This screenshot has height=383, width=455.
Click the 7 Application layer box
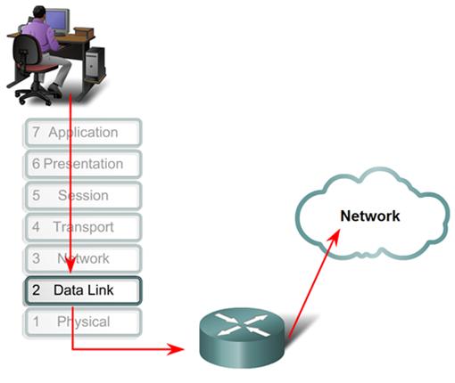coord(82,133)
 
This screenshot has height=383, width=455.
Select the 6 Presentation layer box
coord(82,164)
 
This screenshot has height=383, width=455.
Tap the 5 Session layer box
coord(82,195)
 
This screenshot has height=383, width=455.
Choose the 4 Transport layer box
coord(82,227)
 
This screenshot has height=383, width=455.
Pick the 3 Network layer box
coord(82,258)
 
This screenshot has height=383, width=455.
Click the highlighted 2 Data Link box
coord(82,290)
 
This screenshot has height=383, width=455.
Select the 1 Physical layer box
coord(82,322)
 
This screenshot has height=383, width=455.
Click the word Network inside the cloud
coord(369,216)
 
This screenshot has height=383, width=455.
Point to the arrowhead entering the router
coord(189,348)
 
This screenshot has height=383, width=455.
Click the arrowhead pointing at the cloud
coord(335,234)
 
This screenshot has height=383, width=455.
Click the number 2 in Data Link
coord(36,290)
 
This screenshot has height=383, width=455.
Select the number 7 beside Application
coord(35,133)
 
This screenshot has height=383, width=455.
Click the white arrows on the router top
coord(240,327)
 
